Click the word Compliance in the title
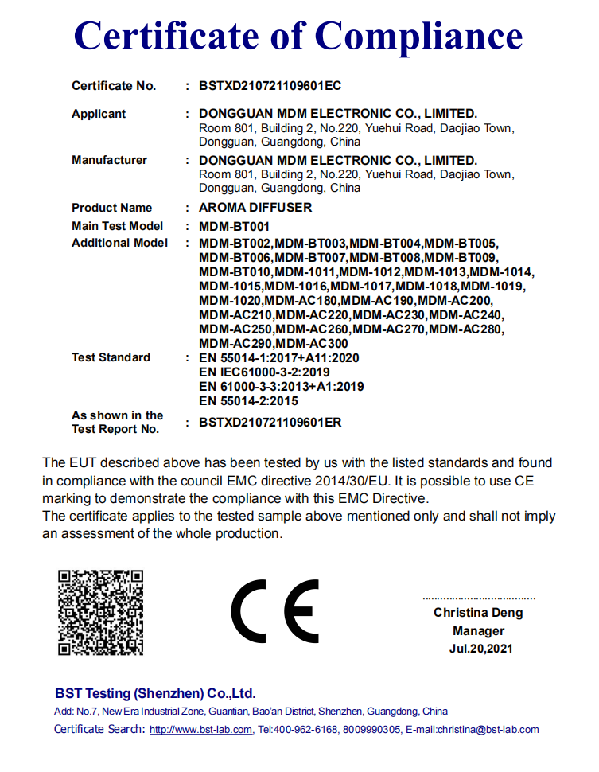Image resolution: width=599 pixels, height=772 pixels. tap(418, 36)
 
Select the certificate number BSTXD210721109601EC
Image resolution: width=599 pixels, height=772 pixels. tap(270, 86)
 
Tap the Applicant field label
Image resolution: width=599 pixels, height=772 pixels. tap(99, 114)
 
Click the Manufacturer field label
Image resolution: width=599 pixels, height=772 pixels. tap(109, 160)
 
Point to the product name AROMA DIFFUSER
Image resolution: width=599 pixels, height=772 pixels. tap(255, 208)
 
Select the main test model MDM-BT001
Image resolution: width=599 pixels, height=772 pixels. tap(235, 226)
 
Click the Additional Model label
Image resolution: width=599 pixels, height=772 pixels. tap(119, 243)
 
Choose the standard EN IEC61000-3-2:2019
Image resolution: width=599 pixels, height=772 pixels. tap(264, 372)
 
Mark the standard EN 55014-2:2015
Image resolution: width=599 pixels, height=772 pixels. tap(249, 401)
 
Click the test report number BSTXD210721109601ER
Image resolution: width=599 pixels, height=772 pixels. tap(270, 423)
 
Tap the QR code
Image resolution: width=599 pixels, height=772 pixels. tap(100, 612)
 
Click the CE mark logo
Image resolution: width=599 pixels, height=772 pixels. tap(275, 612)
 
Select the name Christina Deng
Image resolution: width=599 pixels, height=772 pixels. tap(478, 613)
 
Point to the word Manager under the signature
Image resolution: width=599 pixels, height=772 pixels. tap(478, 631)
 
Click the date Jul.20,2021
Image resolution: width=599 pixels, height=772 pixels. tap(478, 649)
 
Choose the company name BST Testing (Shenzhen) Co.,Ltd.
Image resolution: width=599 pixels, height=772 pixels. tap(155, 693)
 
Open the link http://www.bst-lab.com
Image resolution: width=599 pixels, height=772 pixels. tap(201, 730)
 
